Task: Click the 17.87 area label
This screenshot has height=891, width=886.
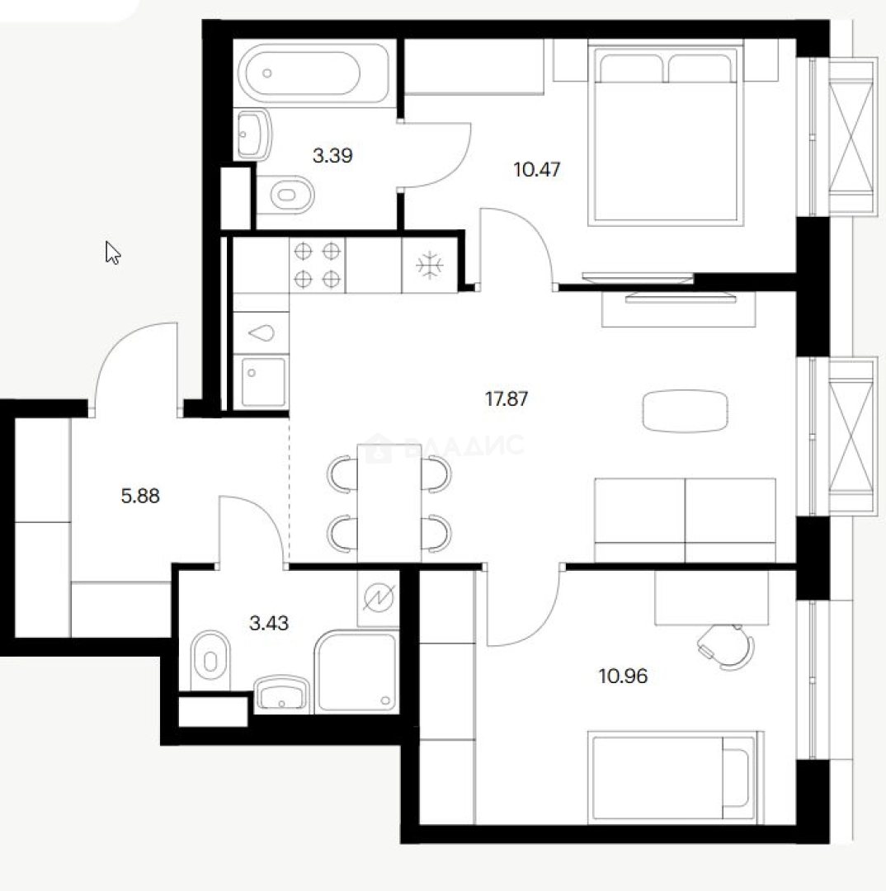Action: pos(507,399)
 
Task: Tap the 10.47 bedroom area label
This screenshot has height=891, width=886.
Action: pos(536,169)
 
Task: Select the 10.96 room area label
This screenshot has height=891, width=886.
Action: pos(624,676)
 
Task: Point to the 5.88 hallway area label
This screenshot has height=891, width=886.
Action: pos(140,496)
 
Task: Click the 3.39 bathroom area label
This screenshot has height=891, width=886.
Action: pos(332,155)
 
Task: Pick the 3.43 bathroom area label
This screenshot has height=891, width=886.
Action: pos(269,624)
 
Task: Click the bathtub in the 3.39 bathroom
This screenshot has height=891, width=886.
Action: pos(312,73)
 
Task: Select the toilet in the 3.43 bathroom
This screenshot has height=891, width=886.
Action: pos(210,660)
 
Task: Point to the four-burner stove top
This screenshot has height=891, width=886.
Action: pos(317,265)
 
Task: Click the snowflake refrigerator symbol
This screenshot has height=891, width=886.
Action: pos(429,266)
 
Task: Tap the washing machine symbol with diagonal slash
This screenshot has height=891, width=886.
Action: pos(379,598)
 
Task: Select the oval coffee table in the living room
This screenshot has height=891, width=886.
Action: pos(686,411)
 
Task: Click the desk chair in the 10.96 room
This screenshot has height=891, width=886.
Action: pos(727,646)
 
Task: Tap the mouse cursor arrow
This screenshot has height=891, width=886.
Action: pos(112,253)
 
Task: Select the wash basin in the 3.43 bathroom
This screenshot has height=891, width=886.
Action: pos(282,695)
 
